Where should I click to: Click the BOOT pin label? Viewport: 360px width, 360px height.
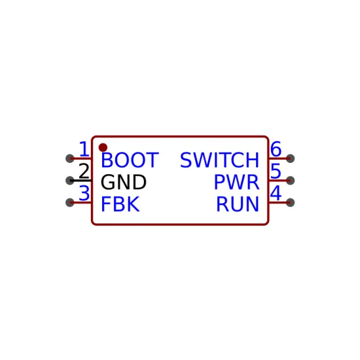[130, 160]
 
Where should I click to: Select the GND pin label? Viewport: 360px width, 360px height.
[124, 182]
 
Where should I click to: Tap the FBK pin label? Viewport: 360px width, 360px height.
[120, 204]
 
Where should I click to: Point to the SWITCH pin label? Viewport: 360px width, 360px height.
[219, 160]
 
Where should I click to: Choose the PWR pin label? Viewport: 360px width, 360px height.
[236, 182]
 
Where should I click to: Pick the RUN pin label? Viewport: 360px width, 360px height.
[238, 204]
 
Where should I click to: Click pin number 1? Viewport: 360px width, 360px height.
[84, 149]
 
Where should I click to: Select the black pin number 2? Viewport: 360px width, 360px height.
[84, 171]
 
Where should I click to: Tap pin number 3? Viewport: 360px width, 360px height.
[84, 193]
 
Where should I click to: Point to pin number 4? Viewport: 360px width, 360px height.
[276, 193]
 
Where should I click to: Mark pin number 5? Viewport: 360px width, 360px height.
[276, 171]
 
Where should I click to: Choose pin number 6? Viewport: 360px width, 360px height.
[276, 149]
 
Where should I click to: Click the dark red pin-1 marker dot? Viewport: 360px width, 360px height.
[103, 148]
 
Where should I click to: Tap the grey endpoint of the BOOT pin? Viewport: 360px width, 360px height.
[70, 158]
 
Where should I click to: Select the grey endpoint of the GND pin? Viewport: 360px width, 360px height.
[70, 181]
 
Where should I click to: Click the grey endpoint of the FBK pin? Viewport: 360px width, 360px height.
[70, 202]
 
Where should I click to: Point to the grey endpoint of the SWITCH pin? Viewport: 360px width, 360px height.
[290, 158]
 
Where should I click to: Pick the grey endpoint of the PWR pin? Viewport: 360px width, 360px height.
[290, 181]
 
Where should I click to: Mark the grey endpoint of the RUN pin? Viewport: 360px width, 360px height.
[290, 202]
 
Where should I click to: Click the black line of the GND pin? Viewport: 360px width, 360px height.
[81, 181]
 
